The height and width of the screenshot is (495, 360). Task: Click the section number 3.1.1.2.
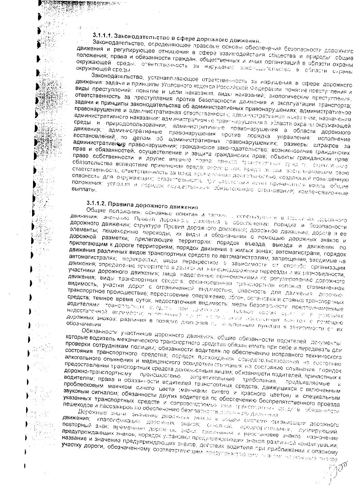click(x=96, y=203)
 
